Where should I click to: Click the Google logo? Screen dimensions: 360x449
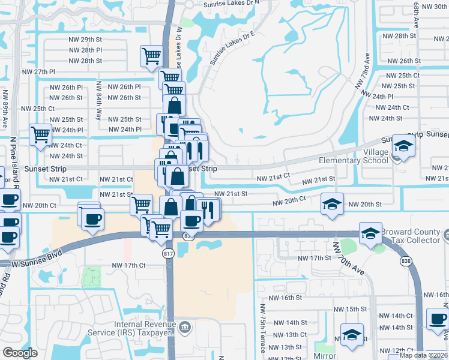pos(20,353)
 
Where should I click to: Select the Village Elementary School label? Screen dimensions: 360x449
pos(354,156)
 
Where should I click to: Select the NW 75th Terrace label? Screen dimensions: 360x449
pos(262,329)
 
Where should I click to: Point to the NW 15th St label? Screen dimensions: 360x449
pos(351,309)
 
